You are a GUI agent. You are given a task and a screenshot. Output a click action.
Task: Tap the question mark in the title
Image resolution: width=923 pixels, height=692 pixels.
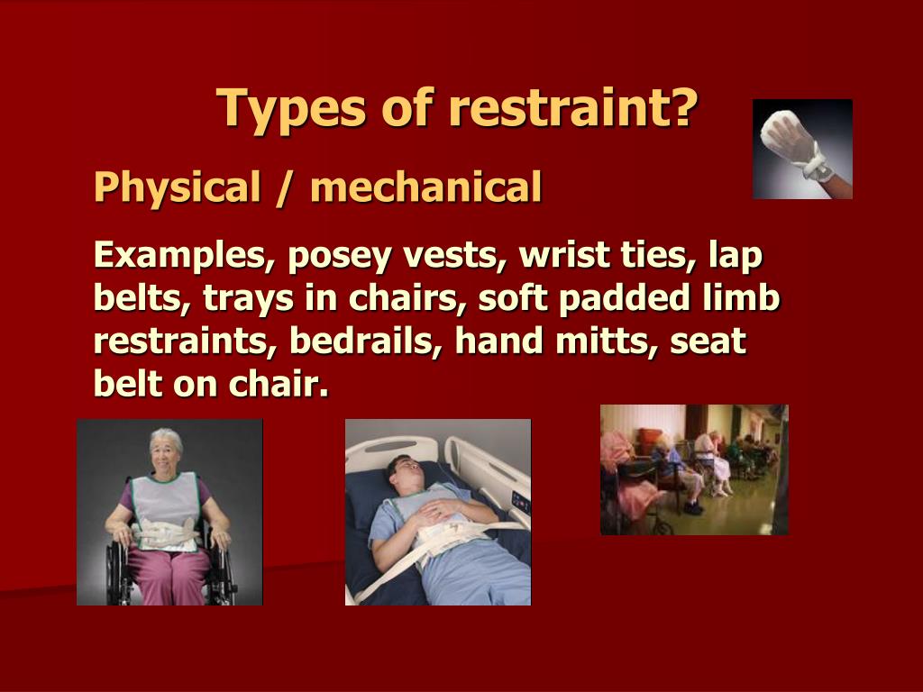coord(685,108)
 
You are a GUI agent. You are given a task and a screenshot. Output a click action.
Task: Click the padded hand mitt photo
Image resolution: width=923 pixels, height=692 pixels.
coord(802,149)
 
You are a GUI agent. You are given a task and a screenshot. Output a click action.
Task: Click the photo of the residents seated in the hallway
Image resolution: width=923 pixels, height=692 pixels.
coord(694,469)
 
